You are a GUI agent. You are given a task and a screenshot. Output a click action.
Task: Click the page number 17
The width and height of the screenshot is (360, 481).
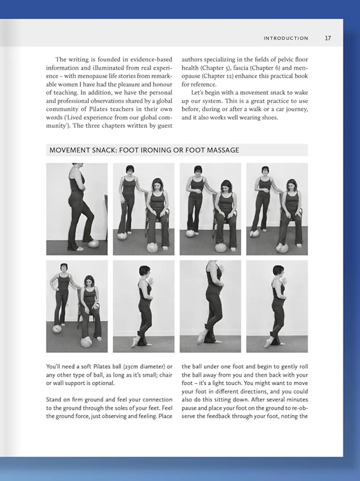(x=328, y=38)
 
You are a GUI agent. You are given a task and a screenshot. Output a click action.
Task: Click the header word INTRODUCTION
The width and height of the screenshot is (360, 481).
(x=286, y=38)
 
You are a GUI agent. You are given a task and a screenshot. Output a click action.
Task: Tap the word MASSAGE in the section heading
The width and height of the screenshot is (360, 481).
(x=223, y=150)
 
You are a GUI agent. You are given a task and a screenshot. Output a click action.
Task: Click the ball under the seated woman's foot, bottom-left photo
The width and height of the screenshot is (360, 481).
(x=87, y=342)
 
